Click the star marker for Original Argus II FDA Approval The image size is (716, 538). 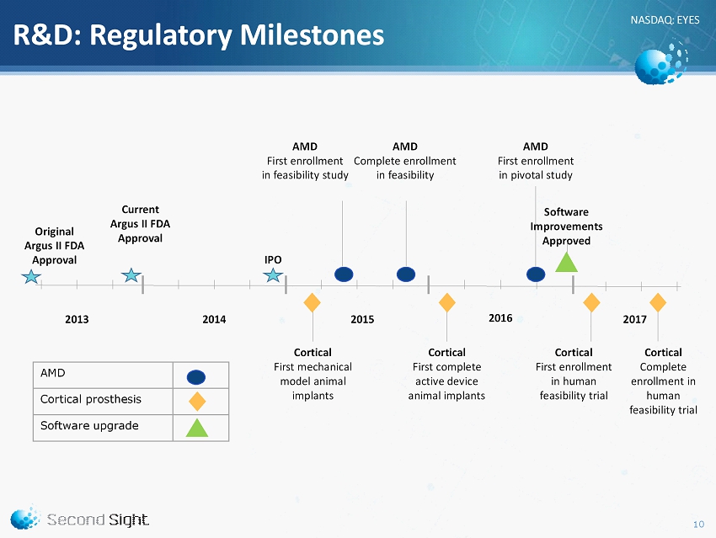click(31, 276)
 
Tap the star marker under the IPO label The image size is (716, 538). click(273, 275)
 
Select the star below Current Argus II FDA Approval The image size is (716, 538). click(131, 274)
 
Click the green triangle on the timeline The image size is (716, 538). click(566, 263)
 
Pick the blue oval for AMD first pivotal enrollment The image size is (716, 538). click(536, 274)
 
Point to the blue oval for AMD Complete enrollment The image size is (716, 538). click(406, 274)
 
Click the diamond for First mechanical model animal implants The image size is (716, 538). click(312, 302)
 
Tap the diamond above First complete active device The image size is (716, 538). click(447, 302)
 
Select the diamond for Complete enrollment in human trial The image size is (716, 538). click(658, 302)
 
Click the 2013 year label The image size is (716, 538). click(77, 319)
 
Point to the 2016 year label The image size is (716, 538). click(500, 318)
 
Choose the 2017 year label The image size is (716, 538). click(635, 319)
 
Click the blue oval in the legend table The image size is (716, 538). click(196, 377)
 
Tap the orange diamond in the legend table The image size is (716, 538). click(197, 402)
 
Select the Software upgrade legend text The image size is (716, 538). click(89, 426)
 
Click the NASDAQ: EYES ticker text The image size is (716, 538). click(665, 20)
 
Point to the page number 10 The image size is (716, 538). click(698, 525)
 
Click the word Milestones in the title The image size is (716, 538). click(313, 35)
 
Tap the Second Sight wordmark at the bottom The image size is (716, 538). click(98, 519)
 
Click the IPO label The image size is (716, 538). click(273, 259)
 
